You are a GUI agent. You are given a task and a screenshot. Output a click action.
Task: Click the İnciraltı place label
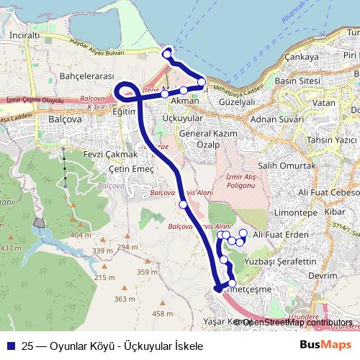(x=24, y=34)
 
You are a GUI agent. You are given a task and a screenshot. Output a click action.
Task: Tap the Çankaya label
(x=301, y=57)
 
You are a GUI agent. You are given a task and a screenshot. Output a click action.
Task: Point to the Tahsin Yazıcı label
(x=332, y=139)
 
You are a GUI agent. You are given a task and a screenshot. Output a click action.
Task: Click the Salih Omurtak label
(x=287, y=166)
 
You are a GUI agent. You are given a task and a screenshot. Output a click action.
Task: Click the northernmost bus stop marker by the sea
(x=167, y=54)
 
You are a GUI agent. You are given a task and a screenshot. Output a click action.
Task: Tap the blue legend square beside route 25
(x=11, y=346)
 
